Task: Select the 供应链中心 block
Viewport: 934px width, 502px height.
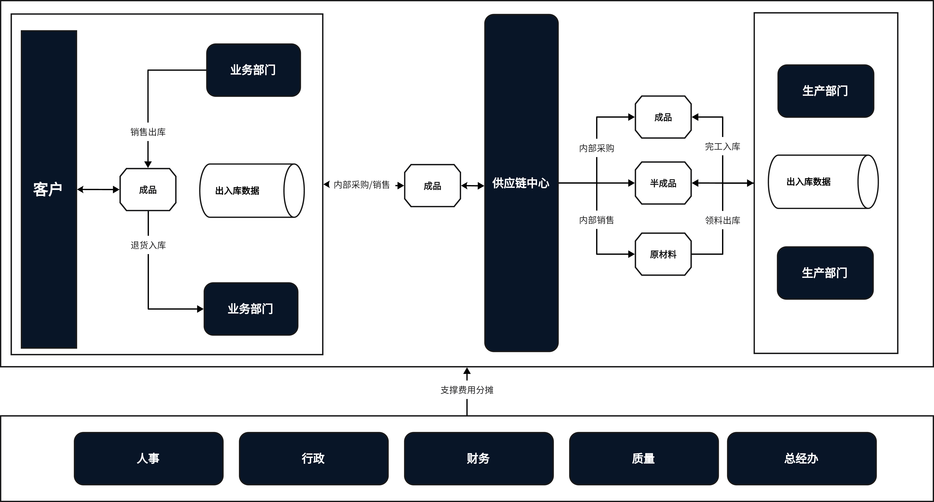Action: pos(521,183)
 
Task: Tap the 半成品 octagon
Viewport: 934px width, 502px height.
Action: pos(663,183)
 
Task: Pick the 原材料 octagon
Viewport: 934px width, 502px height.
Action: pos(663,254)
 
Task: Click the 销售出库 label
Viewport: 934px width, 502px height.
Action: pos(148,132)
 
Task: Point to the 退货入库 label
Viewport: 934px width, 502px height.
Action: pos(148,245)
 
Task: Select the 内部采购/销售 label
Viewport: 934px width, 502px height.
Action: pos(362,185)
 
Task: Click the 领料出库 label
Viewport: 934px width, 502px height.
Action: pos(722,220)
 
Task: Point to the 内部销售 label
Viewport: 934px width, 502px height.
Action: pos(596,220)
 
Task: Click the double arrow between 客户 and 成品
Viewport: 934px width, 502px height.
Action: pos(98,189)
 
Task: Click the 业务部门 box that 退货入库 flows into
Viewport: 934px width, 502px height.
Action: pos(251,309)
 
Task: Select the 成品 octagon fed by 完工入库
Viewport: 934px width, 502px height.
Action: pos(663,117)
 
